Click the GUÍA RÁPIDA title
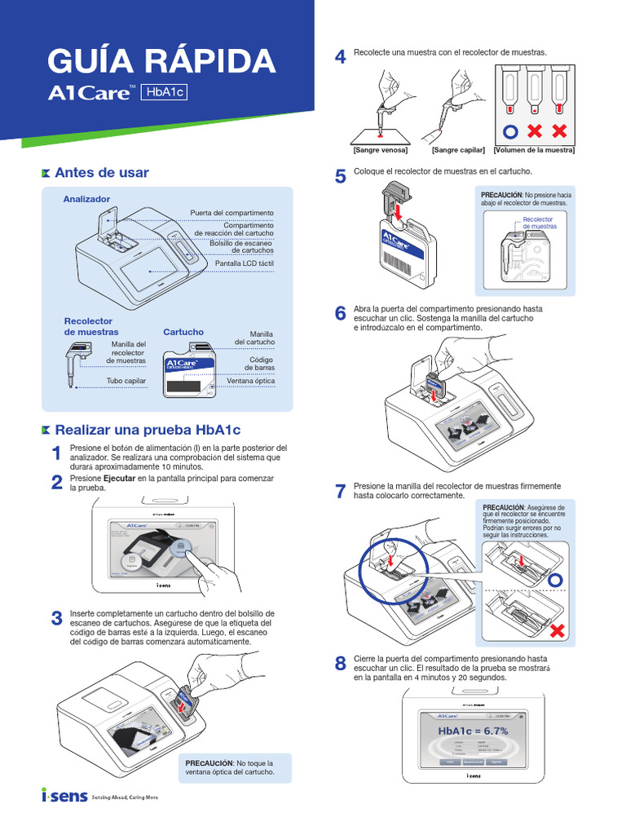pyautogui.click(x=161, y=62)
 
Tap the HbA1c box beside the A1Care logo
pyautogui.click(x=164, y=93)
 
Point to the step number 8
pyautogui.click(x=341, y=664)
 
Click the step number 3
pyautogui.click(x=57, y=619)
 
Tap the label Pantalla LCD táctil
pyautogui.click(x=245, y=263)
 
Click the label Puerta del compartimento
pyautogui.click(x=232, y=212)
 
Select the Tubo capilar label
pyautogui.click(x=126, y=381)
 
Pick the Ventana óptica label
pyautogui.click(x=251, y=380)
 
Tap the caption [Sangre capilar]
pyautogui.click(x=458, y=150)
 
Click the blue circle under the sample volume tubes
pyautogui.click(x=509, y=131)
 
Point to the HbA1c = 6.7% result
pyautogui.click(x=473, y=731)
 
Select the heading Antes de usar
pyautogui.click(x=101, y=173)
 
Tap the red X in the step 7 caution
pyautogui.click(x=557, y=631)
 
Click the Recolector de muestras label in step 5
pyautogui.click(x=538, y=223)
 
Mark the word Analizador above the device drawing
pyautogui.click(x=86, y=199)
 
